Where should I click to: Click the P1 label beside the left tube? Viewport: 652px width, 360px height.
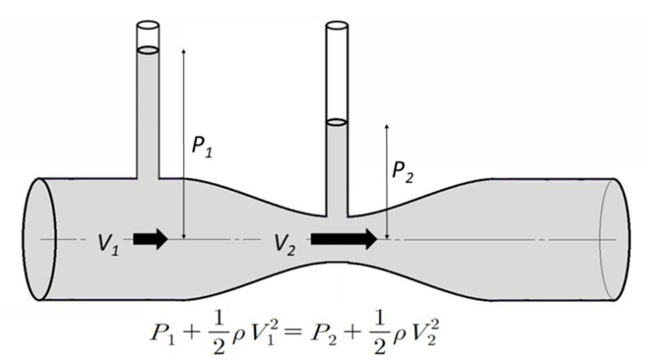(203, 147)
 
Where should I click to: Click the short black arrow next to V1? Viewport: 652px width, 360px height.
(151, 239)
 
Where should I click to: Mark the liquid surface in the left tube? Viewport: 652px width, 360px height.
(148, 50)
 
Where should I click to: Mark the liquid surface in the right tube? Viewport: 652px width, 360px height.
(336, 122)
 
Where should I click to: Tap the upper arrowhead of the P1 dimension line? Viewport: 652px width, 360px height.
(184, 52)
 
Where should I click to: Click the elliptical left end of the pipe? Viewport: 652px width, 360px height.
(39, 239)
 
